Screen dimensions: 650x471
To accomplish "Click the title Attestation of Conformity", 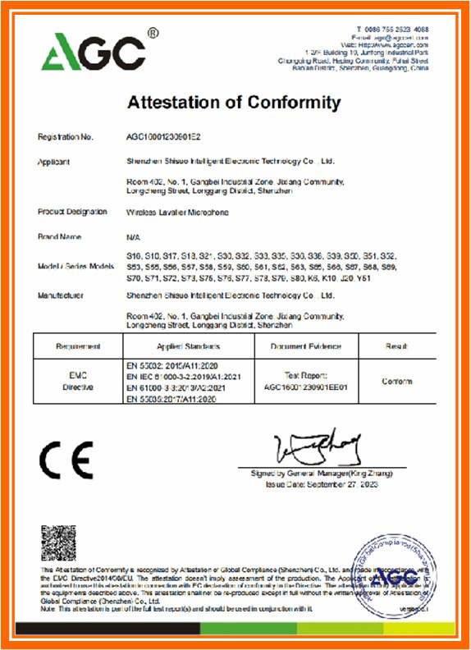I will pyautogui.click(x=234, y=103).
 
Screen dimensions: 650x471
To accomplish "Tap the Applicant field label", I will pyautogui.click(x=54, y=162).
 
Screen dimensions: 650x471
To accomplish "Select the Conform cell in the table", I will pyautogui.click(x=397, y=382).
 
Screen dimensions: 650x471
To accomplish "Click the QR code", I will pyautogui.click(x=58, y=542).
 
